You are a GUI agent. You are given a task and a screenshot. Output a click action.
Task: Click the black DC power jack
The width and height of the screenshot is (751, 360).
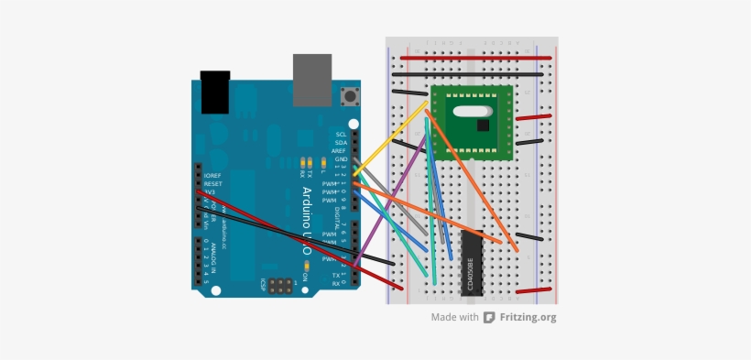click(x=214, y=92)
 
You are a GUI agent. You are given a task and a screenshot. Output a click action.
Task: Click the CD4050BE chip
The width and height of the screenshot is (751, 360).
click(x=471, y=263)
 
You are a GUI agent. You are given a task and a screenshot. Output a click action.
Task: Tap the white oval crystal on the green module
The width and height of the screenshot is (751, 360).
click(x=470, y=113)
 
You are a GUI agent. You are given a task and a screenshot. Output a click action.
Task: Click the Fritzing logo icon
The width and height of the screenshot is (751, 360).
click(x=490, y=318)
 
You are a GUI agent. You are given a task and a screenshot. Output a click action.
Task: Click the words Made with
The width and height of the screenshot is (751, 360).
click(x=455, y=318)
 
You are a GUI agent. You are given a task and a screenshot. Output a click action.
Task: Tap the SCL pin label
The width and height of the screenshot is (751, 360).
click(x=341, y=135)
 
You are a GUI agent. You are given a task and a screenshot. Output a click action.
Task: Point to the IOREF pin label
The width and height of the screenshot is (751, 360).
click(x=212, y=176)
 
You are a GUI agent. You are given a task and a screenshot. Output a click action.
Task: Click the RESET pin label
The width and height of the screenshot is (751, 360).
click(x=212, y=184)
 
